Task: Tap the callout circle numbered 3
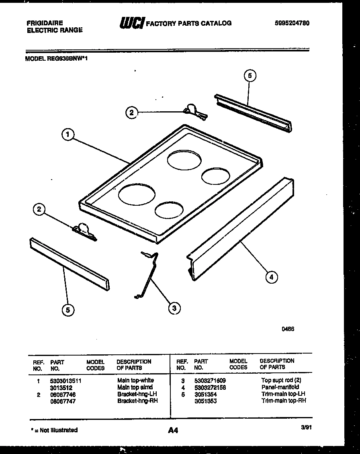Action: tap(174, 308)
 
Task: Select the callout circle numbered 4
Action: tap(271, 276)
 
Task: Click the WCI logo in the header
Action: tap(131, 23)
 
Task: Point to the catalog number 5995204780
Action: tap(292, 23)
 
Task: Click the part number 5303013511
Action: tap(65, 380)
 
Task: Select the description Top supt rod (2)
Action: tap(281, 380)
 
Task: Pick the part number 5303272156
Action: tap(210, 387)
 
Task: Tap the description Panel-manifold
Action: tap(280, 387)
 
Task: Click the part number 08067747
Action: tap(63, 401)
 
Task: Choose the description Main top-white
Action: tap(135, 380)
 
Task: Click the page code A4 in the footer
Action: tap(173, 430)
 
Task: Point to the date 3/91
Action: tap(306, 427)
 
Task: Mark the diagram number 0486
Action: tap(288, 328)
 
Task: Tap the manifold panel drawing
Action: tap(241, 229)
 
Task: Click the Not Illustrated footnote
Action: tap(54, 430)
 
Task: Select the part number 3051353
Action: tap(205, 401)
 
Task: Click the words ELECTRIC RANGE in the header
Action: tap(55, 30)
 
